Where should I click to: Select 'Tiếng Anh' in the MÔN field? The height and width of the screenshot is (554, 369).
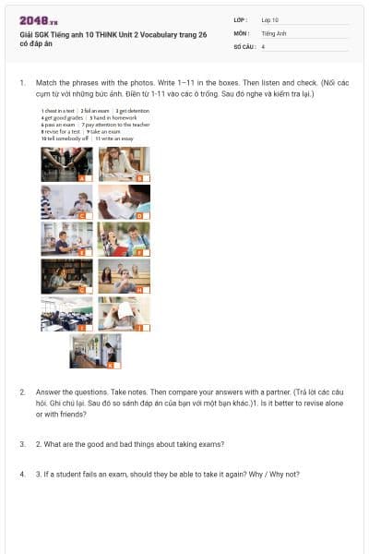273,32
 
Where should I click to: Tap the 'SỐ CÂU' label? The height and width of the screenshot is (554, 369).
243,46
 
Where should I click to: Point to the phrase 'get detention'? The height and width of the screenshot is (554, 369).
133,111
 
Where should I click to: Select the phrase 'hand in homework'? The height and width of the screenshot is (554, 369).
107,116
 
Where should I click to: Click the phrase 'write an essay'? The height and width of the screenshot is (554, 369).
115,138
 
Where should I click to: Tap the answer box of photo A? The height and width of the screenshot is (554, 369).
82,177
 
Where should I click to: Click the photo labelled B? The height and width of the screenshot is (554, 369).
124,163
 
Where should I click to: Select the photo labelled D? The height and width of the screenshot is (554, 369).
124,200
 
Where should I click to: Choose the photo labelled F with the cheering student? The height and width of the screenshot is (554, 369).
124,238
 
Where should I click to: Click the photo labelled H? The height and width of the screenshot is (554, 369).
124,275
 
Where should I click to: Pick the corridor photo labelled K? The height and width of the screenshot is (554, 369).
95,350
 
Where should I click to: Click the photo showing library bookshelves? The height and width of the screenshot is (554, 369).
66,275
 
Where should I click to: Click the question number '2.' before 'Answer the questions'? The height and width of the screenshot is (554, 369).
23,392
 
